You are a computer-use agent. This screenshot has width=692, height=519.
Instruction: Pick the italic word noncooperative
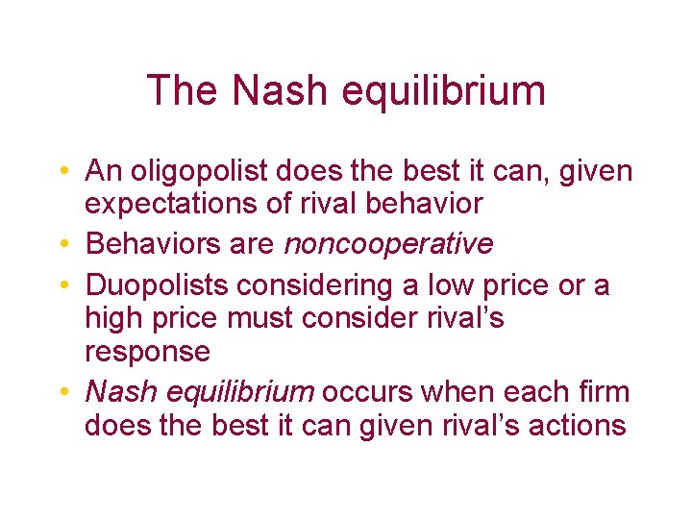388,244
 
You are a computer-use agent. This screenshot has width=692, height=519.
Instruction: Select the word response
147,352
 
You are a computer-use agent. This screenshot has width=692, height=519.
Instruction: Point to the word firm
604,392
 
